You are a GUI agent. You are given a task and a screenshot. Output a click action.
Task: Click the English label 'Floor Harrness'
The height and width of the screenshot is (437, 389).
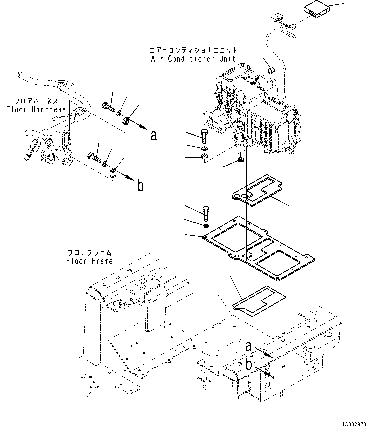[36, 109]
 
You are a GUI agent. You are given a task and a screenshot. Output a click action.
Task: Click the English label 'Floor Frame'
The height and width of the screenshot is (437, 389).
[89, 261]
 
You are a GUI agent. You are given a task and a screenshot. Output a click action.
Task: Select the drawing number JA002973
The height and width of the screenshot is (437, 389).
[354, 425]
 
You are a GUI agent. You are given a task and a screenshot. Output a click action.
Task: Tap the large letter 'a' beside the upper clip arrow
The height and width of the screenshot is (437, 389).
[154, 135]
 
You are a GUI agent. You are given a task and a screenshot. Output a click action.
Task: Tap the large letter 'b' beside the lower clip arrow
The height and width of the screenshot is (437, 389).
[141, 186]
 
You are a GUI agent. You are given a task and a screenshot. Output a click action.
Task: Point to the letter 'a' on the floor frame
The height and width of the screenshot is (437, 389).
[248, 346]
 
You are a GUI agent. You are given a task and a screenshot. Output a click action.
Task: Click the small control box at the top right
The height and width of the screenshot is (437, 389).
[315, 11]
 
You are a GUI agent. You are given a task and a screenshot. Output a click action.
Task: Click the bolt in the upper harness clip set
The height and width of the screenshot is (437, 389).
[108, 107]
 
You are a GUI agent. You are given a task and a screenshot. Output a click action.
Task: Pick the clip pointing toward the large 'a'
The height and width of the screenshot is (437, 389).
[126, 120]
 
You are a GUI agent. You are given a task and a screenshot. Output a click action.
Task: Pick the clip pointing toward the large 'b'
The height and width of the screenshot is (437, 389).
[113, 172]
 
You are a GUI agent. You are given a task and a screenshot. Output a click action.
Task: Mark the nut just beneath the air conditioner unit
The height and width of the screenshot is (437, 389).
[239, 159]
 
